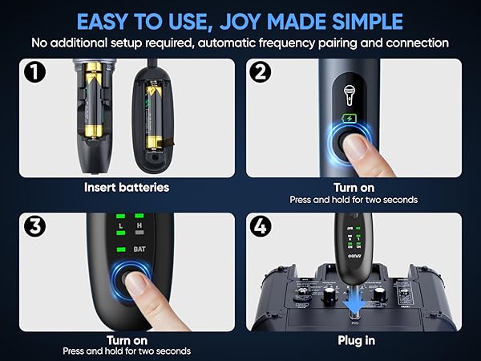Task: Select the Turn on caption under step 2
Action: (x=354, y=188)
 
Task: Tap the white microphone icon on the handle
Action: (x=350, y=95)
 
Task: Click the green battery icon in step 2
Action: (x=350, y=119)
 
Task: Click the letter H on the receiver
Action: (x=139, y=228)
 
